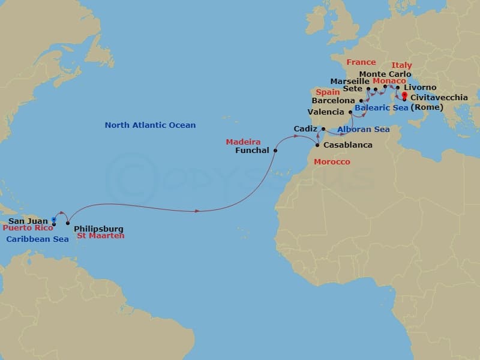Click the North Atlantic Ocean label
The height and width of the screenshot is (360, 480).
tap(150, 125)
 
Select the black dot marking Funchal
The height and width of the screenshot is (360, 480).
tap(275, 151)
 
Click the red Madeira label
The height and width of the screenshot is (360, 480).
tap(243, 142)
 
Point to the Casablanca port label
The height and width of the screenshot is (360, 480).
tap(347, 145)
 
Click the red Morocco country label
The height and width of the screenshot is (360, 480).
tap(332, 162)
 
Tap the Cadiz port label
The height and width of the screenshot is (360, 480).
tap(305, 129)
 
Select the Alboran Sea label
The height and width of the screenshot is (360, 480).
tap(364, 130)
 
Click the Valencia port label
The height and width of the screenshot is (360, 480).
tap(326, 112)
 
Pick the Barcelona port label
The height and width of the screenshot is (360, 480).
tap(334, 101)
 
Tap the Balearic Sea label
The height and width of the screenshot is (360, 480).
tap(381, 108)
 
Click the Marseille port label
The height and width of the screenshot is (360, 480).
tap(350, 81)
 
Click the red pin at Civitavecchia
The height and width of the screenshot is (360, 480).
tap(404, 96)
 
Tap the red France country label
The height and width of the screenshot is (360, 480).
tap(361, 62)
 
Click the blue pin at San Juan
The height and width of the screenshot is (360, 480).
tap(54, 220)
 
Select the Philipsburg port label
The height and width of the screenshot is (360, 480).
tap(98, 229)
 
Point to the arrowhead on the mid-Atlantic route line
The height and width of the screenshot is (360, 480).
tap(197, 211)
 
